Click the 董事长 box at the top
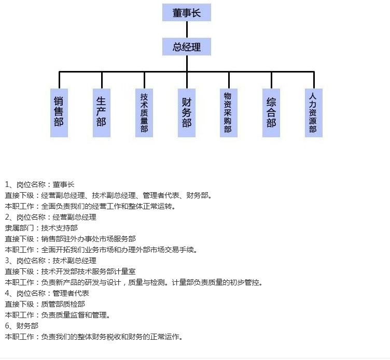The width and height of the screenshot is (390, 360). [x=186, y=13]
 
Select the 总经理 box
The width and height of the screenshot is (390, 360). [x=186, y=47]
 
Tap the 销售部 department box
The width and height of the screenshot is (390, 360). [x=59, y=112]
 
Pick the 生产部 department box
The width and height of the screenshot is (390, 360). [x=102, y=112]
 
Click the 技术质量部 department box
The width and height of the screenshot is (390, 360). [x=144, y=112]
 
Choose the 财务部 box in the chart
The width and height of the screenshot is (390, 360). [x=187, y=112]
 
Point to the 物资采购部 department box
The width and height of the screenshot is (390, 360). [x=228, y=112]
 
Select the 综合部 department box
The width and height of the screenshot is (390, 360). [x=271, y=112]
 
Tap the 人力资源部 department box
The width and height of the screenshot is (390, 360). [x=313, y=112]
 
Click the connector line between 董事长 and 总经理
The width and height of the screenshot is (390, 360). [x=186, y=30]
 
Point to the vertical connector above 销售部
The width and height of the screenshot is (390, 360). [x=60, y=80]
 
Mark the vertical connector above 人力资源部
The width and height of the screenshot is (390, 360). [x=313, y=80]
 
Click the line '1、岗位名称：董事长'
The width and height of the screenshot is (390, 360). [x=40, y=184]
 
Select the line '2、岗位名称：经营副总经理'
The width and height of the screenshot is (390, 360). [x=51, y=217]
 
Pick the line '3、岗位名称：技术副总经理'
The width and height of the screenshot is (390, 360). [x=51, y=261]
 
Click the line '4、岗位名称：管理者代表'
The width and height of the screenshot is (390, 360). [x=47, y=293]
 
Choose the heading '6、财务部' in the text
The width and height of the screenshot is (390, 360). [x=22, y=326]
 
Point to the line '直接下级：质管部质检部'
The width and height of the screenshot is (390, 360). [x=45, y=304]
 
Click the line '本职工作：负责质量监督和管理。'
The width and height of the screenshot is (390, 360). [x=58, y=315]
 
